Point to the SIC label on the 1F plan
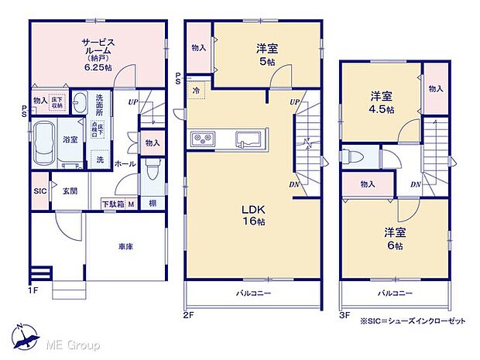coord(39,190)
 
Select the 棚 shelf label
coord(154,204)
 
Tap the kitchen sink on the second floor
coord(249,139)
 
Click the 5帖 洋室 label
coord(268,54)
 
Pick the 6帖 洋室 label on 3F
coord(395,238)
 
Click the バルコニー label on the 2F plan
coord(252,294)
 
